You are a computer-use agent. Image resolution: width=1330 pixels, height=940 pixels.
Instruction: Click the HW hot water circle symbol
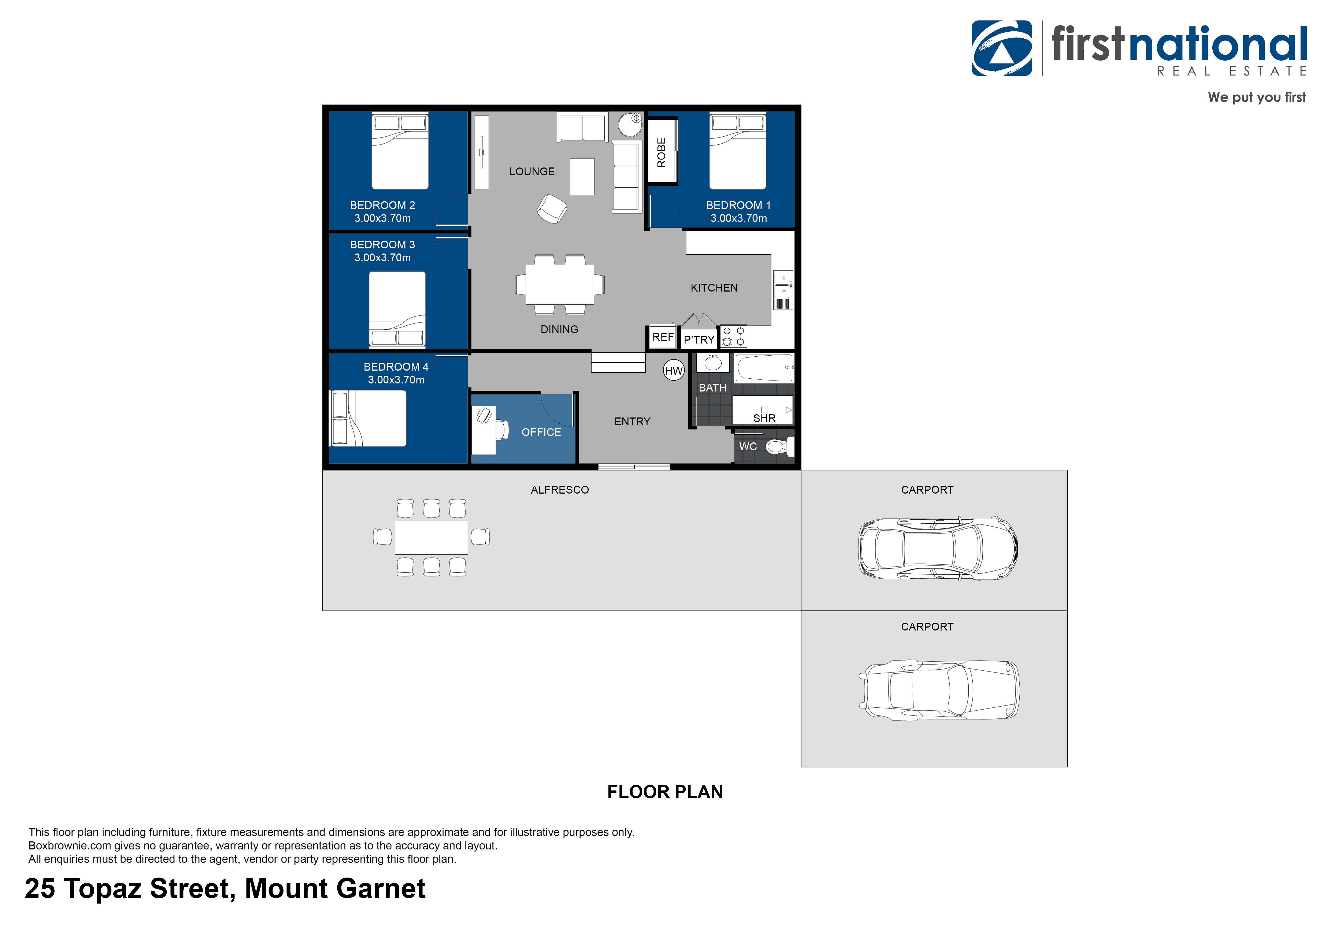coord(674,371)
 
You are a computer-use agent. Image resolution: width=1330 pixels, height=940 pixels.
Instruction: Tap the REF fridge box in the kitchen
coord(663,337)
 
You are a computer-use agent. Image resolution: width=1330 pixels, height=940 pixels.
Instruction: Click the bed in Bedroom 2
coord(400,152)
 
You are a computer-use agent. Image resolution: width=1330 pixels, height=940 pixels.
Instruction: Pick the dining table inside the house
coord(560,284)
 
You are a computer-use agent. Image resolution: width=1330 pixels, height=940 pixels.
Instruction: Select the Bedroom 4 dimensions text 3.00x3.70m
coord(396,380)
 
